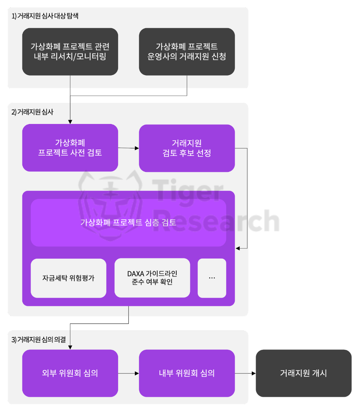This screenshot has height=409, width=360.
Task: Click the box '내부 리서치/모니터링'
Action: click(x=70, y=52)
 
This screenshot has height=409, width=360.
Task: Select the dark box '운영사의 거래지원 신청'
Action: click(x=187, y=52)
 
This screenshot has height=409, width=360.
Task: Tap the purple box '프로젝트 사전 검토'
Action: click(x=70, y=148)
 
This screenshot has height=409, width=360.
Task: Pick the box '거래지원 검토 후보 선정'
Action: click(x=187, y=148)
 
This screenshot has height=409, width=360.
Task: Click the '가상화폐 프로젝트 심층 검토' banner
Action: click(x=128, y=223)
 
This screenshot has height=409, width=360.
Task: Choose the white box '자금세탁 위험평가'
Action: click(x=68, y=278)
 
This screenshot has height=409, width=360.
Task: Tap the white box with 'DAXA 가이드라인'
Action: click(x=152, y=278)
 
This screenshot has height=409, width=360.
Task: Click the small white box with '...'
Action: click(x=212, y=278)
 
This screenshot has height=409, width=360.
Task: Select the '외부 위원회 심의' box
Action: click(x=70, y=373)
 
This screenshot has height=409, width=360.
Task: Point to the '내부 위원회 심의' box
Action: click(x=187, y=373)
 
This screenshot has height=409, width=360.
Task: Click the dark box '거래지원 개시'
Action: click(x=303, y=373)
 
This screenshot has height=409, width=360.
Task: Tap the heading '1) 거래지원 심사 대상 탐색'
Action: click(x=45, y=16)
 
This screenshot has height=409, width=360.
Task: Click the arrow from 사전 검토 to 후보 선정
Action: click(x=128, y=148)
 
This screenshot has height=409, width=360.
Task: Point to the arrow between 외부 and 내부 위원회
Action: click(x=128, y=373)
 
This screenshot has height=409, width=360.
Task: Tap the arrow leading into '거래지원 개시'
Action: click(x=245, y=373)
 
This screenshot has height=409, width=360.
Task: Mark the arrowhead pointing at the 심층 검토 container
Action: click(x=238, y=249)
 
